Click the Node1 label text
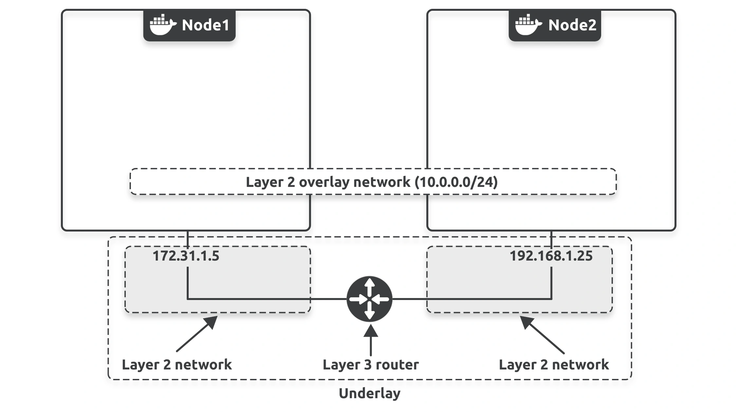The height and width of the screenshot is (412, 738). (205, 25)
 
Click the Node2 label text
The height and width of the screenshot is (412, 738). (572, 25)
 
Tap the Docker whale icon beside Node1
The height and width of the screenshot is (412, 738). (163, 25)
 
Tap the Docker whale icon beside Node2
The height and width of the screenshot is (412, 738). (528, 25)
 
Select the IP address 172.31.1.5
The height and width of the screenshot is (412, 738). (186, 256)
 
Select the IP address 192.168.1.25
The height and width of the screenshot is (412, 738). (551, 256)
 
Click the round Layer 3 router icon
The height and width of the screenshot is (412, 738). (369, 299)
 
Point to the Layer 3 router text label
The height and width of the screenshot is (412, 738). (371, 365)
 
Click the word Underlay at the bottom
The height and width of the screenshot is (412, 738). (370, 393)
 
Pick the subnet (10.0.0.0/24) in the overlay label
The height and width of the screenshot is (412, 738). (456, 182)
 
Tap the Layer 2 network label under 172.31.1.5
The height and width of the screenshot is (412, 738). (177, 365)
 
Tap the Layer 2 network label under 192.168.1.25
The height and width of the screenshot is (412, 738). (554, 365)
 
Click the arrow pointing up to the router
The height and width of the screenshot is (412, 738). (371, 340)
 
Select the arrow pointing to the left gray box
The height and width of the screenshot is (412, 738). (197, 334)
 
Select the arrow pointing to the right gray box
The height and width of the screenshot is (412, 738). (542, 335)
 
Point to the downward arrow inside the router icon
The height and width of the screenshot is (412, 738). (369, 311)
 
